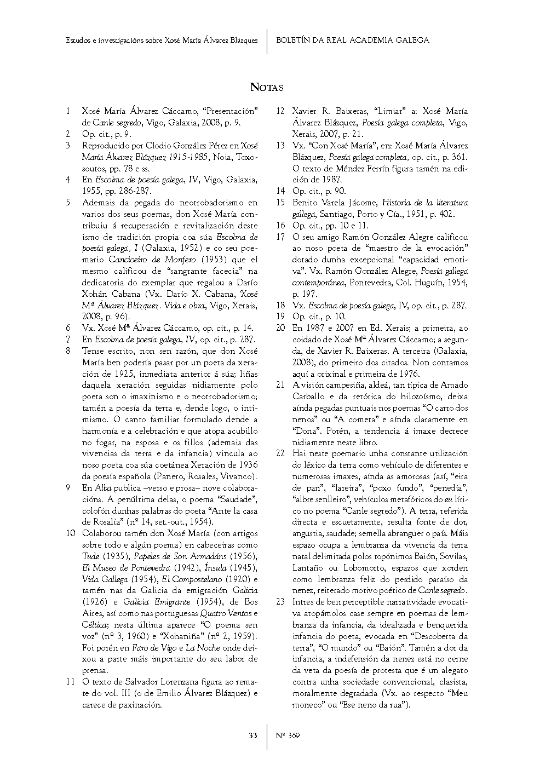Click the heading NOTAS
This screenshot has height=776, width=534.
pos(267,87)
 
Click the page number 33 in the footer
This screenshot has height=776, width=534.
pos(252,735)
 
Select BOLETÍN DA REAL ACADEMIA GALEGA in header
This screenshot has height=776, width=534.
pos(352,40)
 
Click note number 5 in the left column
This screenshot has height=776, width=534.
pos(68,203)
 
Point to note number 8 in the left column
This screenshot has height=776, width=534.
pos(68,351)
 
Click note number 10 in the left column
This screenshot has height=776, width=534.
pos(70,533)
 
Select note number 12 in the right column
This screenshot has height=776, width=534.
pos(280,111)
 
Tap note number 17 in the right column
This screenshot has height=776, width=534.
pos(280,237)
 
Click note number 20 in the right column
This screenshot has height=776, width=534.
pos(280,328)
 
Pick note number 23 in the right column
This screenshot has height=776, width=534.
pos(280,602)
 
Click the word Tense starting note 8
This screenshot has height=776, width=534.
pos(94,351)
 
